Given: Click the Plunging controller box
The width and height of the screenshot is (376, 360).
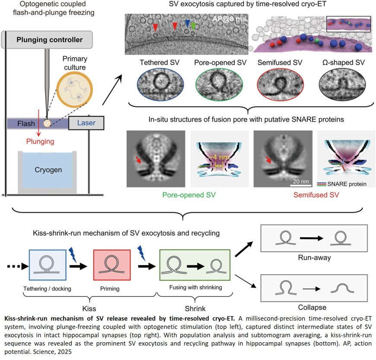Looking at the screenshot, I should click(x=49, y=40).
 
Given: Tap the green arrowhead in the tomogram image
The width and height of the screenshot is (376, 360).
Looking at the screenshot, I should click(x=193, y=26).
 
